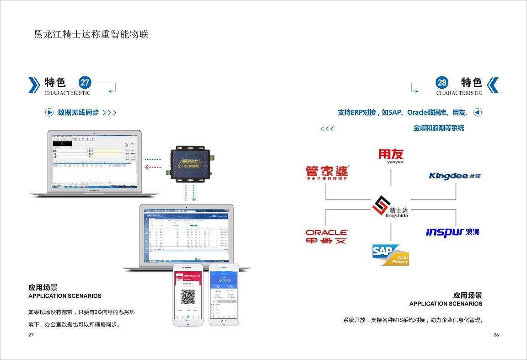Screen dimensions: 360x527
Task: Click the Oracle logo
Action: point(327,236)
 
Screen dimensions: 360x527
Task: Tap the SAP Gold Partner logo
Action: point(390,255)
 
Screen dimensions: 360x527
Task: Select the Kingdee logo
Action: point(455,176)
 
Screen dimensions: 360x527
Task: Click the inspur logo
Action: point(452,232)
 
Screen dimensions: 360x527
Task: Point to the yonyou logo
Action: point(391,156)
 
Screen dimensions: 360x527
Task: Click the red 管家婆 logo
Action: point(327,173)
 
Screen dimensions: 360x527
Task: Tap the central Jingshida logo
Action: point(390,207)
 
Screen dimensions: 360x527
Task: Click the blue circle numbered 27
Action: point(85,83)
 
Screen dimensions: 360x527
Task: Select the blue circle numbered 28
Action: point(442,83)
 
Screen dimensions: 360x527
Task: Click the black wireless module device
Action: point(191,162)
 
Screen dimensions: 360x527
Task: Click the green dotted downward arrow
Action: point(194,193)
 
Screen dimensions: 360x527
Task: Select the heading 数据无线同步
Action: point(78,113)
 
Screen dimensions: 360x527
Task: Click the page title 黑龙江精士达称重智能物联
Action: point(91,34)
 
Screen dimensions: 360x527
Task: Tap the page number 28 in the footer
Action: point(496,335)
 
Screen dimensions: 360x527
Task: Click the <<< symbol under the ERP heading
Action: point(327,129)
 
